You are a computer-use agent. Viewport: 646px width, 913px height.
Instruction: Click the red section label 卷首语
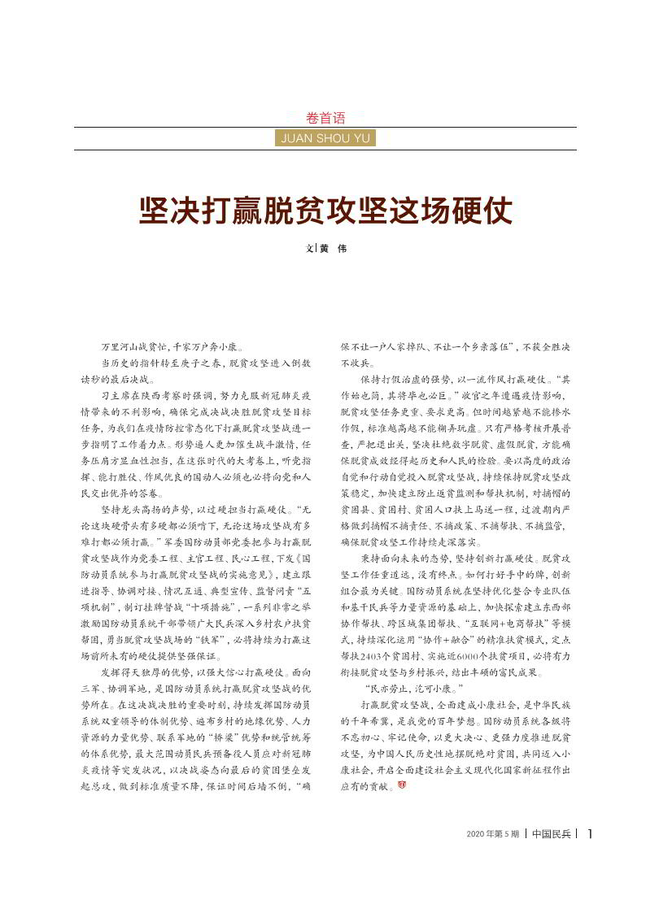(x=325, y=118)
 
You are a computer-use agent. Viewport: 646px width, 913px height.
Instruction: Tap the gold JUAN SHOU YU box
(x=325, y=138)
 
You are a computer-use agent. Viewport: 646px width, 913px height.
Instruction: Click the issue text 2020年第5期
(x=492, y=833)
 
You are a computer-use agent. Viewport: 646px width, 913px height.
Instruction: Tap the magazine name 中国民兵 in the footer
(x=551, y=833)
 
